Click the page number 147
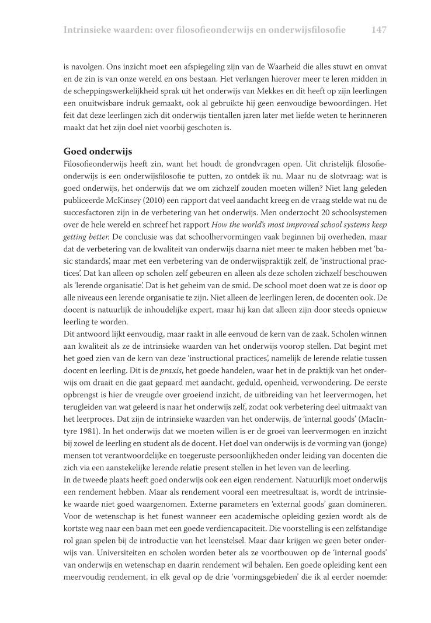point(378,29)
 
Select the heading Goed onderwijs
point(99,151)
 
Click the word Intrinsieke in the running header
point(89,29)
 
